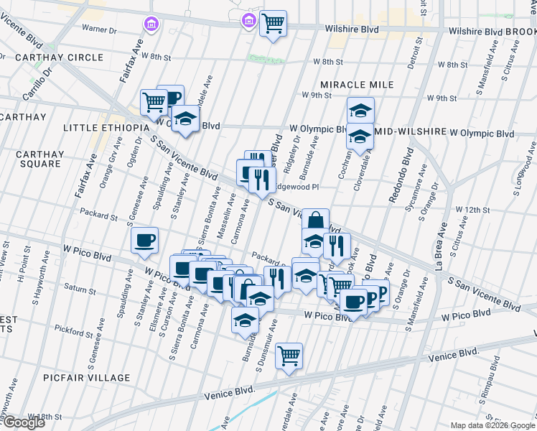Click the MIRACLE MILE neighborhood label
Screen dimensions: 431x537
(x=357, y=85)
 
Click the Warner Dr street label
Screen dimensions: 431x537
(x=99, y=29)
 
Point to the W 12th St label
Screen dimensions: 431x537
(x=472, y=210)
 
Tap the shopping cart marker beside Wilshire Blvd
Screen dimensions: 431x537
(x=273, y=22)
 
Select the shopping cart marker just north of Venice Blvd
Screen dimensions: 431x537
(x=289, y=355)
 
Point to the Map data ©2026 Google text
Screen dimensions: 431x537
(x=492, y=425)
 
